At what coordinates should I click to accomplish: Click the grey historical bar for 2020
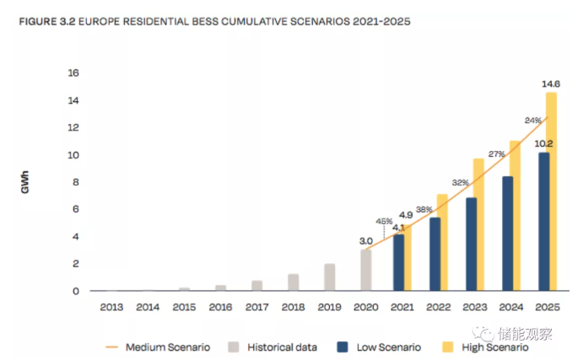click(x=365, y=270)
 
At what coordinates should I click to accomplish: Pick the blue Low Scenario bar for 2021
click(x=399, y=262)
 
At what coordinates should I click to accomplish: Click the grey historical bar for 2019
click(x=329, y=277)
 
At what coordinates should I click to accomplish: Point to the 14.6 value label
click(x=550, y=84)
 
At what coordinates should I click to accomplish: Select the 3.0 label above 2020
click(x=365, y=240)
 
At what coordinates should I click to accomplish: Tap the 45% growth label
click(x=384, y=222)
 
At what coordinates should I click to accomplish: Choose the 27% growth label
click(x=497, y=153)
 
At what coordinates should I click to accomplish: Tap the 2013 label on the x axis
click(x=111, y=307)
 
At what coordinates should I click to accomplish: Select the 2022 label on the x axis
click(x=436, y=307)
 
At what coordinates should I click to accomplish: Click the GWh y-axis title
click(x=25, y=183)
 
